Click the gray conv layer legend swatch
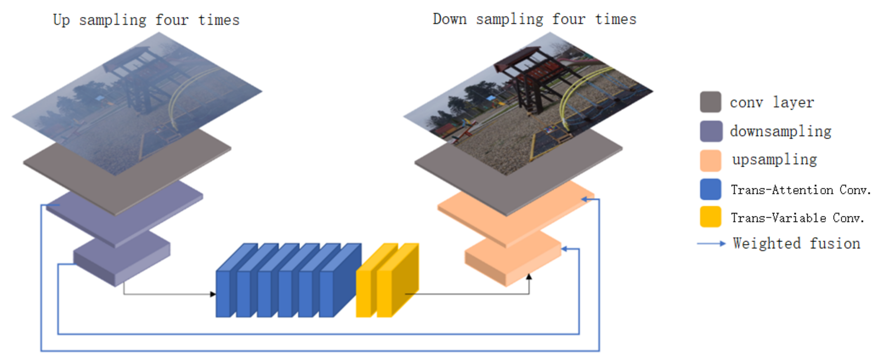[710, 102]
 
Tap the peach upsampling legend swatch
[710, 160]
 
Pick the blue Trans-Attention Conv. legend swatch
[710, 189]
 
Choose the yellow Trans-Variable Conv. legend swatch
[710, 217]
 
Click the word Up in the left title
[61, 20]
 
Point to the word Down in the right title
[449, 19]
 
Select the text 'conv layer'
[772, 102]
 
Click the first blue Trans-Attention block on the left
[223, 293]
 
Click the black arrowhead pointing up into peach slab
[529, 276]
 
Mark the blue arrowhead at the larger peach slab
[584, 199]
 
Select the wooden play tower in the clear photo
[532, 79]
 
